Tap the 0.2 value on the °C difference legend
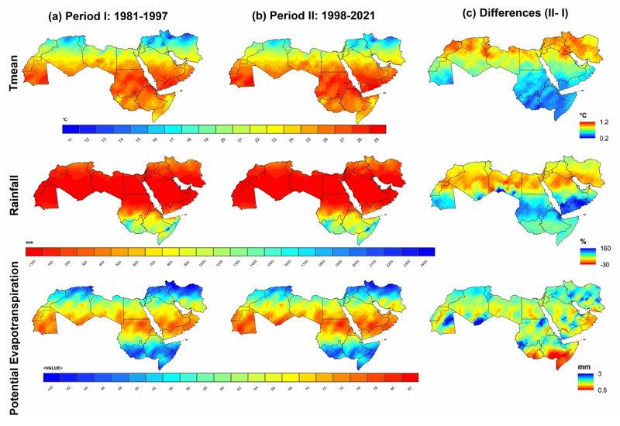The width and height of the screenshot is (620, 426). tap(604, 137)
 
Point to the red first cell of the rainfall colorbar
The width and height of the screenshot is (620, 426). tap(34, 251)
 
